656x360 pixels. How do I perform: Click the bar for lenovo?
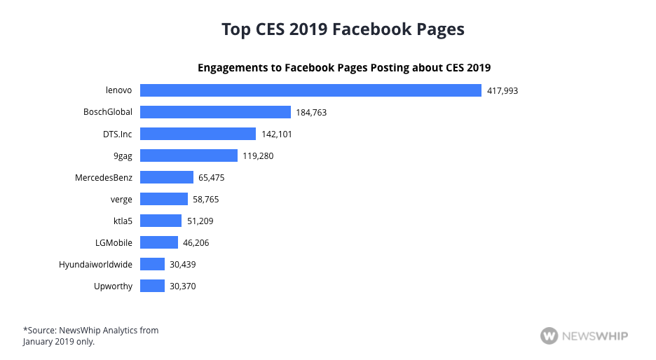pos(310,90)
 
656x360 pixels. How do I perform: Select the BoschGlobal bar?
pos(215,112)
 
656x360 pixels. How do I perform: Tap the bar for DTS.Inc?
pos(198,134)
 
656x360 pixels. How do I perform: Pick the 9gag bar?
pos(189,155)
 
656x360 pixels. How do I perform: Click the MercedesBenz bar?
pos(166,177)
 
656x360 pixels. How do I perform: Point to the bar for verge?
pos(164,199)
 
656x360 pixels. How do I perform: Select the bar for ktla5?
pos(160,221)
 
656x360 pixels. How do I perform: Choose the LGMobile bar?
pos(159,242)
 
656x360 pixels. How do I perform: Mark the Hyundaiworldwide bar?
pos(152,264)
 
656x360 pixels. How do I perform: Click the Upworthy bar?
pos(152,286)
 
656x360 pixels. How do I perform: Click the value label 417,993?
pos(503,91)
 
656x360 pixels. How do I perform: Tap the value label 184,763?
pos(311,113)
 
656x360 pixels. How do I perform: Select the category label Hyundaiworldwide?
pos(96,264)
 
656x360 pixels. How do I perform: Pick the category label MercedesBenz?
pos(104,177)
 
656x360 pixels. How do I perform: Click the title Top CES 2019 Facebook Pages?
pos(343,29)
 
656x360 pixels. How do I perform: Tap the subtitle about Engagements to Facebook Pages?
pos(344,68)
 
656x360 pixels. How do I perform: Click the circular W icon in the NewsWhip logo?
pos(549,335)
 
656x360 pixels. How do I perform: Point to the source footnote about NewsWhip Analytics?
pos(91,335)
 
